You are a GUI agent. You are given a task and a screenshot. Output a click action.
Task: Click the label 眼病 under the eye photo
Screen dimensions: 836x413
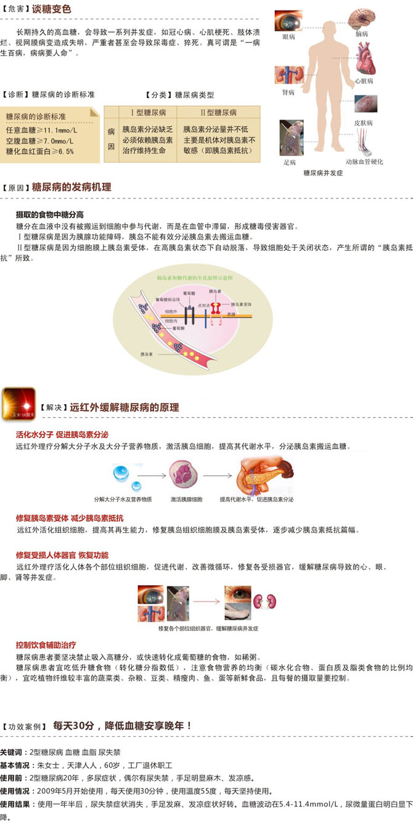point(289,38)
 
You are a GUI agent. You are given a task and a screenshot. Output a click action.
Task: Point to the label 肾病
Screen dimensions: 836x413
point(288,92)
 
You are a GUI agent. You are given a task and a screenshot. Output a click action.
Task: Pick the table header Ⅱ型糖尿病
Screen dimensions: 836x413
point(218,113)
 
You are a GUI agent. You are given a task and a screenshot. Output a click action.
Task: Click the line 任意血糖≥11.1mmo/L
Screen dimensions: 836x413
point(42,130)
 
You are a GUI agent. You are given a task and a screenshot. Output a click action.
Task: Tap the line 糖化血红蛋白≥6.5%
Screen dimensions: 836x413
point(40,151)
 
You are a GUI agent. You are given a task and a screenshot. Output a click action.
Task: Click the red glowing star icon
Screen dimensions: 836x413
point(18,404)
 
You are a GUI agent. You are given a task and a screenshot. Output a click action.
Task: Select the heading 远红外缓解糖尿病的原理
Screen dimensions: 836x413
point(125,407)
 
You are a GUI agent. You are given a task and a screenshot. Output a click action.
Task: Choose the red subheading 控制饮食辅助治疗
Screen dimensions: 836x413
point(46,645)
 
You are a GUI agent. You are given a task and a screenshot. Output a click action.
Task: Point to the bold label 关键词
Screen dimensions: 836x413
point(13,753)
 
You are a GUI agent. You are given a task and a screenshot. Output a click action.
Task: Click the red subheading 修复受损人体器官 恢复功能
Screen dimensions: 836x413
point(62,555)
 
